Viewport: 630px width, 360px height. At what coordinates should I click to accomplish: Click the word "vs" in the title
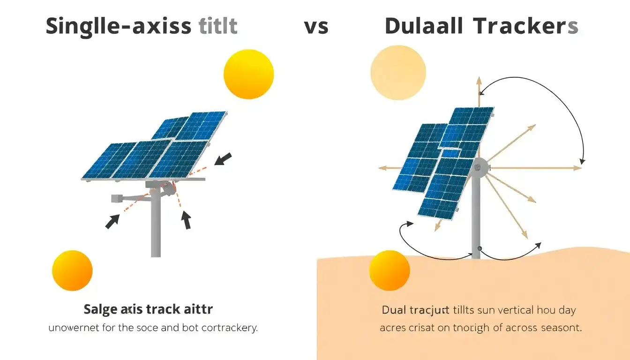point(316,27)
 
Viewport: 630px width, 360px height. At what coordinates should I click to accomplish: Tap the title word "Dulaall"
point(423,27)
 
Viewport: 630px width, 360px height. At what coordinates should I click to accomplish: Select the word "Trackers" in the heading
point(525,27)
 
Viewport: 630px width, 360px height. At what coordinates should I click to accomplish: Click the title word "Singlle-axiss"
point(118,27)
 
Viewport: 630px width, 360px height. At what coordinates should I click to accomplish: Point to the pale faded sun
point(398,73)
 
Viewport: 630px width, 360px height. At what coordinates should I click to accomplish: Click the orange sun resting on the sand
point(390,270)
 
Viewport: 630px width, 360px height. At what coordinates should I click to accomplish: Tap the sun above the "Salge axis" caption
point(72,270)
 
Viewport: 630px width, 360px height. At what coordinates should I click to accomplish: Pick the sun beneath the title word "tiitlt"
point(248,74)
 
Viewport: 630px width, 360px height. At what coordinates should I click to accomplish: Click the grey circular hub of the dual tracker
point(480,166)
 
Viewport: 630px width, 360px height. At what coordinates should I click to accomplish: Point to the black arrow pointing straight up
point(187,219)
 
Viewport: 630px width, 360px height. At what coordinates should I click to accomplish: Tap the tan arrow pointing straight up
point(479,87)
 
